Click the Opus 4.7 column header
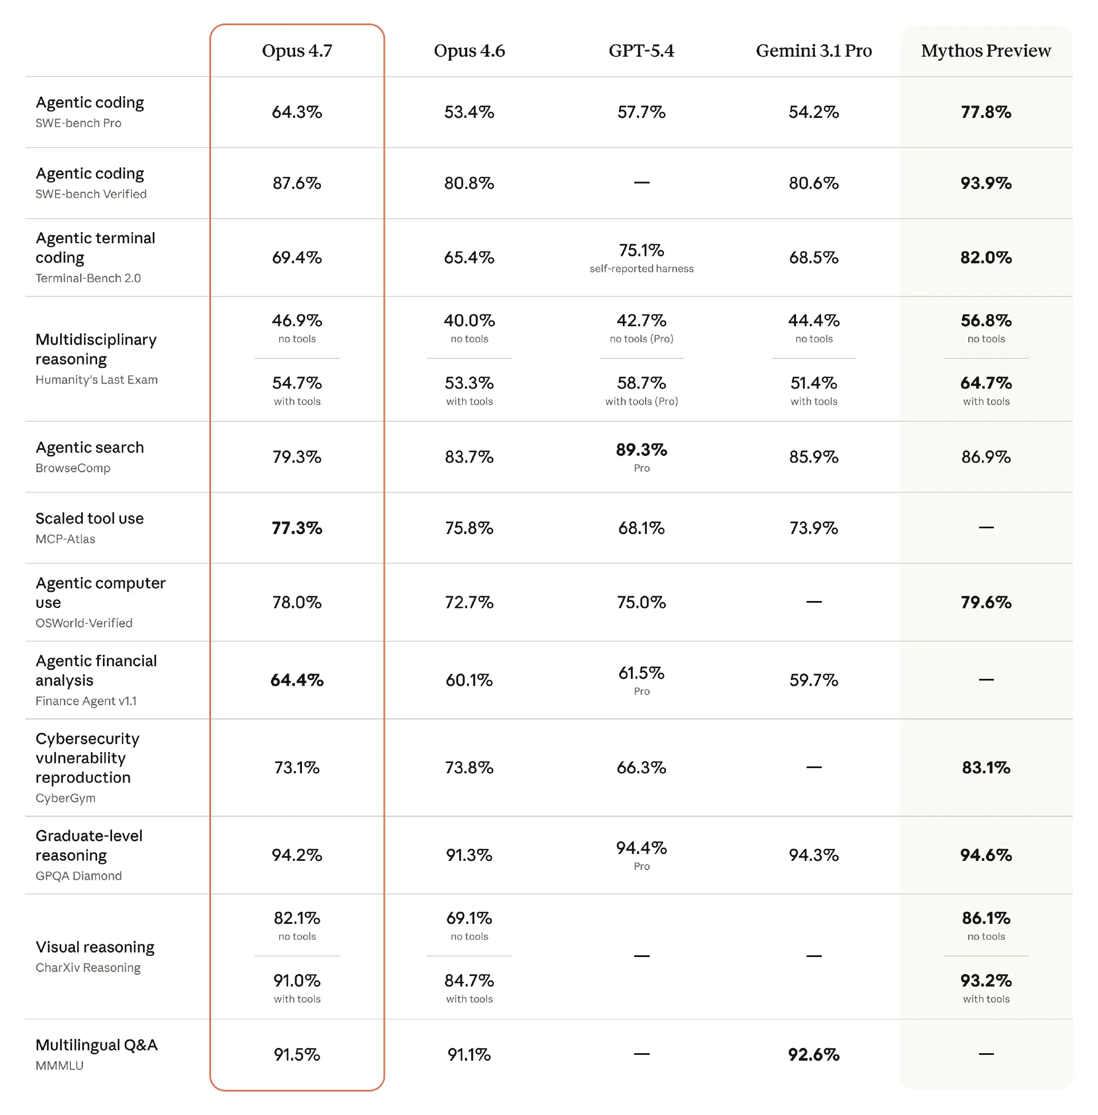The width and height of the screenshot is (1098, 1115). [297, 51]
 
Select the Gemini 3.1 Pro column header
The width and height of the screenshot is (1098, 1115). [814, 51]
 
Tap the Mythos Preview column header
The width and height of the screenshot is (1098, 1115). [985, 51]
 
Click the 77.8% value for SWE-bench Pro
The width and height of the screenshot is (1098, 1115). [985, 112]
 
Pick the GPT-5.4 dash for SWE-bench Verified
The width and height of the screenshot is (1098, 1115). [641, 183]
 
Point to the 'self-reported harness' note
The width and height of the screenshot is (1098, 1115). [641, 269]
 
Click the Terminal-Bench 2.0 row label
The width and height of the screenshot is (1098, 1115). [88, 278]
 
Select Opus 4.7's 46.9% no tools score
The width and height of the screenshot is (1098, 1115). [297, 321]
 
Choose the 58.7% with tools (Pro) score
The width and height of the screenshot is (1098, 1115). [641, 383]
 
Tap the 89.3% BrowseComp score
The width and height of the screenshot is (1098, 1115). [641, 450]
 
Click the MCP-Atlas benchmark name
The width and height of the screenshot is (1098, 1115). [65, 539]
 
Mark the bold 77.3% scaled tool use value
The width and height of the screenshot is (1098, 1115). [297, 528]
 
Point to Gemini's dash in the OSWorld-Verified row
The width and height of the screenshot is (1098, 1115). [814, 602]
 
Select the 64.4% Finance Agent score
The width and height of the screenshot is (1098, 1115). [297, 681]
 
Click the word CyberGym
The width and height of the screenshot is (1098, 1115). [65, 798]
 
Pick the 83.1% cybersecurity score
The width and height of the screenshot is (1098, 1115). [985, 768]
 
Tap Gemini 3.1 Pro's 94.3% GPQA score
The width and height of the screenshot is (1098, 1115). [814, 855]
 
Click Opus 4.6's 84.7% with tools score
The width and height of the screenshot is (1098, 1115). [469, 981]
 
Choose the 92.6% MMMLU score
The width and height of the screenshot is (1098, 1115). [814, 1055]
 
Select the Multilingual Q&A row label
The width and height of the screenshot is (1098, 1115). [96, 1045]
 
